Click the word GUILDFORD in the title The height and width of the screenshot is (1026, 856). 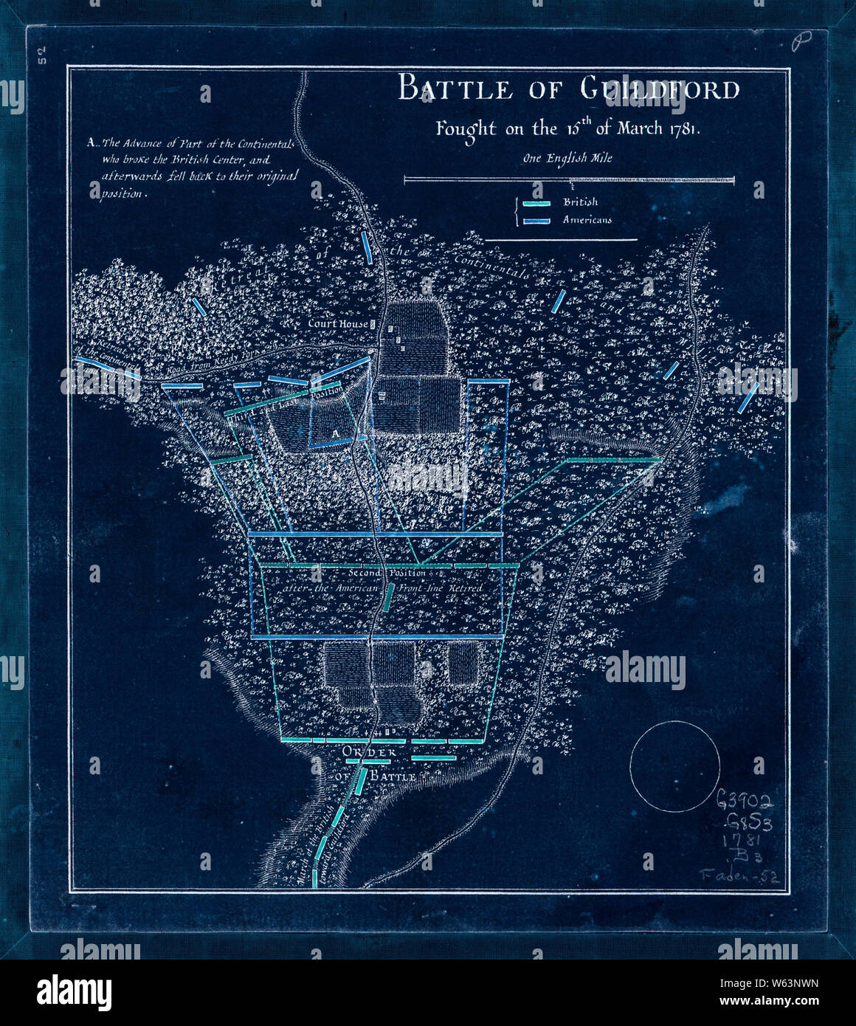(x=659, y=89)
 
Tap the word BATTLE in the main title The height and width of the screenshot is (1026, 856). (x=455, y=89)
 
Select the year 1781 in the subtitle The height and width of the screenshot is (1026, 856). (x=689, y=128)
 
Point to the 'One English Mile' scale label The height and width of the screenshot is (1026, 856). (x=567, y=158)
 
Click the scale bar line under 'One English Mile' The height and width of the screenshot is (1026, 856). (x=568, y=179)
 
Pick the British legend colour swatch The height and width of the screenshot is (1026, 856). (x=536, y=203)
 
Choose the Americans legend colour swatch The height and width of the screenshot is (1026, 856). (x=536, y=221)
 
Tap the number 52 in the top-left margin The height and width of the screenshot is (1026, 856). (x=43, y=56)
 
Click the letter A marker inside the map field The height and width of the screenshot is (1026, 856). (x=334, y=431)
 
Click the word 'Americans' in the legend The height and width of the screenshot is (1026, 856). (x=587, y=220)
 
